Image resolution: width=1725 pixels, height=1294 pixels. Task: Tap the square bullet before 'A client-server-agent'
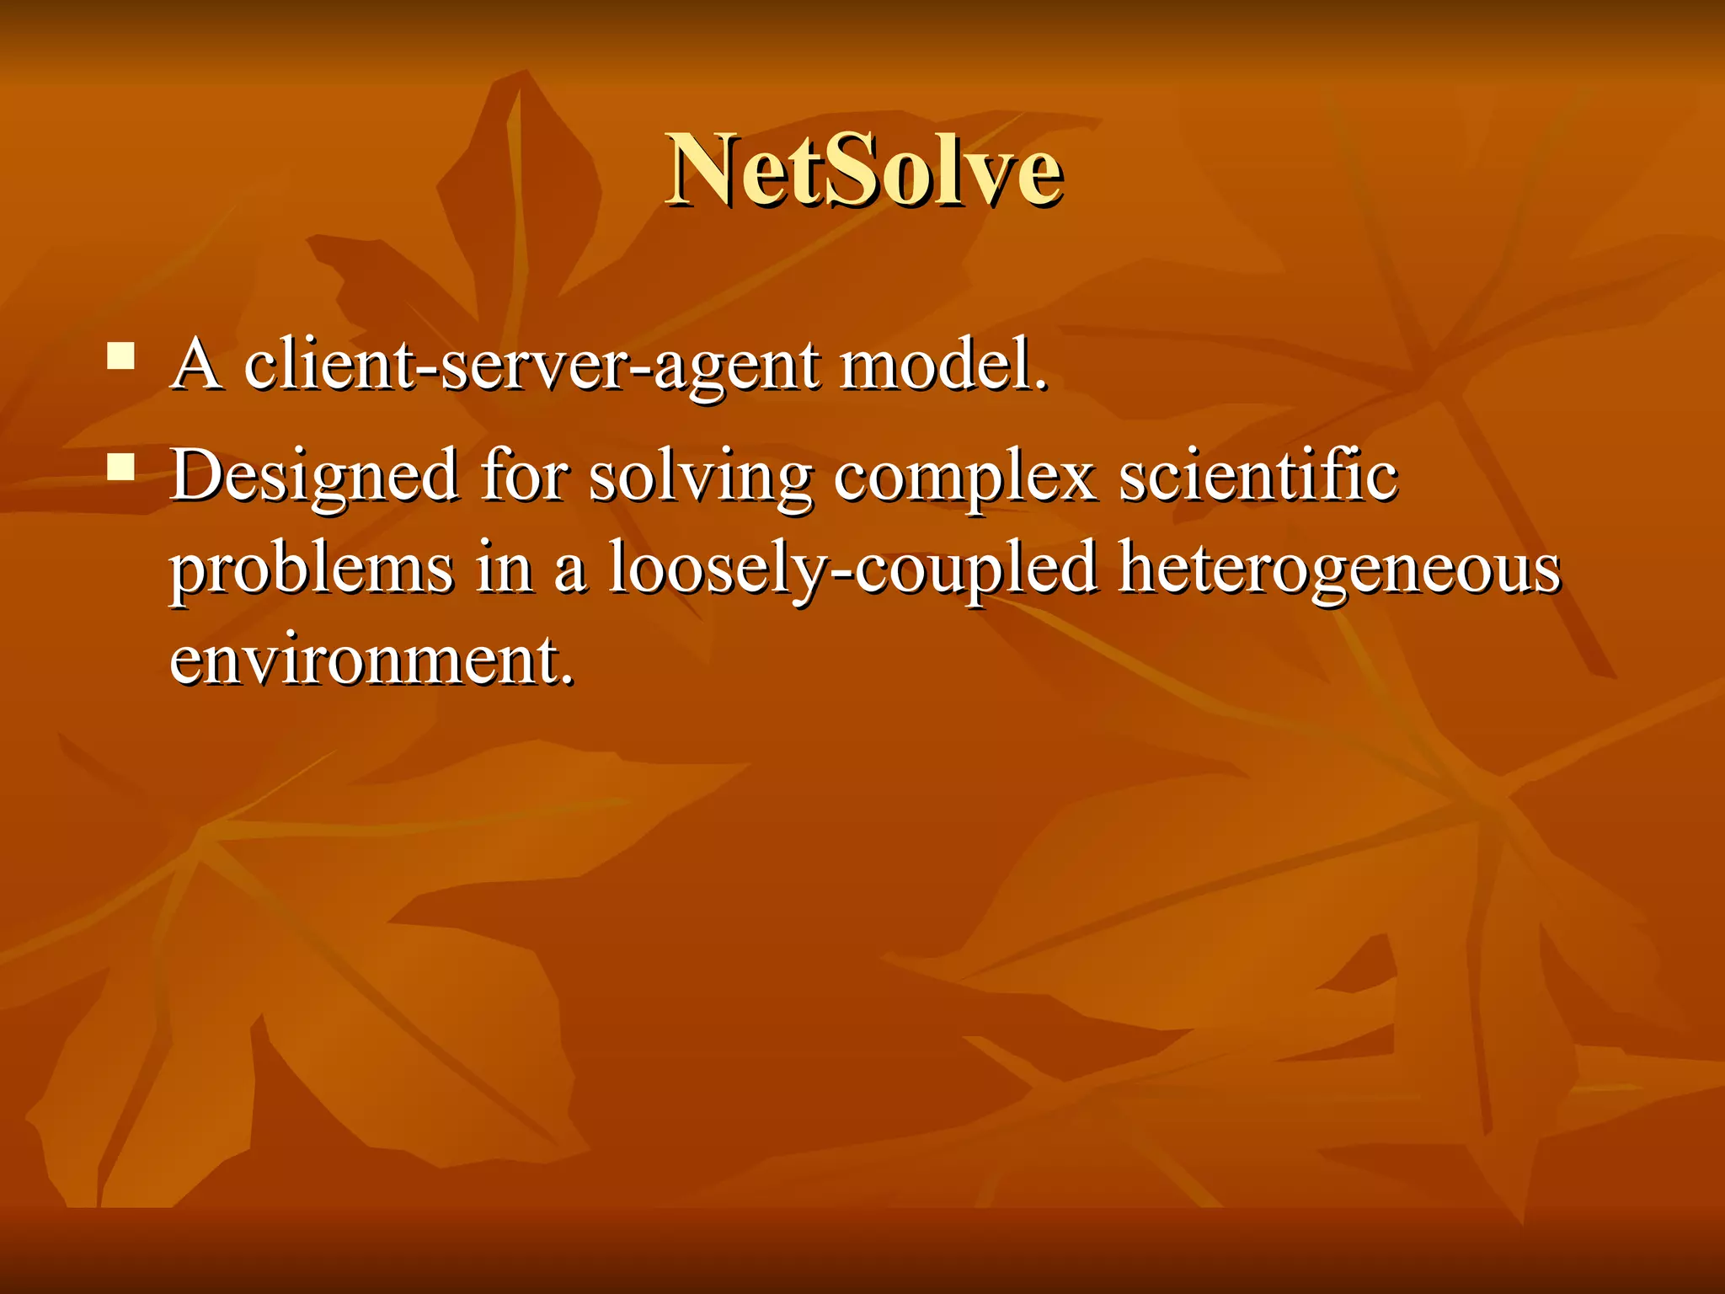(121, 356)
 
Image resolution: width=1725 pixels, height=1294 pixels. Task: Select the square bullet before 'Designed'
(121, 467)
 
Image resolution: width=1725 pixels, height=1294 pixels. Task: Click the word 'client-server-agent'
(531, 366)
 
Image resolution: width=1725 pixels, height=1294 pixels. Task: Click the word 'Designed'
(314, 476)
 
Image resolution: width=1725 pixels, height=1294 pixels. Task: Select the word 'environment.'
(371, 660)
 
